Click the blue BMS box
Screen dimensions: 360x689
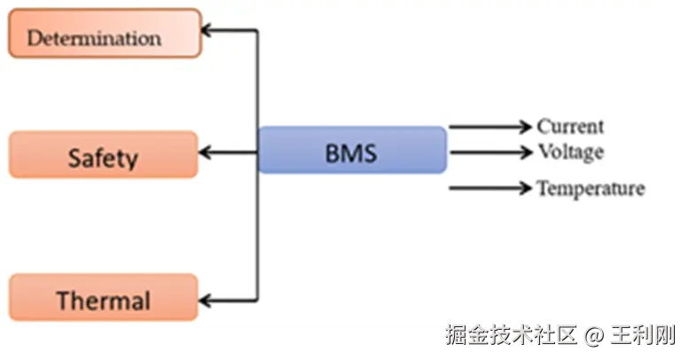click(x=352, y=150)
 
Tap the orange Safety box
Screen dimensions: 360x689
click(x=103, y=155)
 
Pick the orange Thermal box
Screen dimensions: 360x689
click(x=103, y=297)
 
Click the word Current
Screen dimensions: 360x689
click(x=570, y=127)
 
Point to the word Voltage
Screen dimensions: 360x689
click(x=570, y=152)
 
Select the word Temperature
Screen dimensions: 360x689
click(x=591, y=188)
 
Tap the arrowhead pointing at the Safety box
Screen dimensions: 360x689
click(x=206, y=153)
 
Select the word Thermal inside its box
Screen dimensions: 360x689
click(x=103, y=301)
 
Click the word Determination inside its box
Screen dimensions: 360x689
click(x=94, y=38)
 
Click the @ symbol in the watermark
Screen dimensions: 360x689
click(x=593, y=336)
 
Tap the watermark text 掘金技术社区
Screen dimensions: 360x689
click(x=509, y=336)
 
